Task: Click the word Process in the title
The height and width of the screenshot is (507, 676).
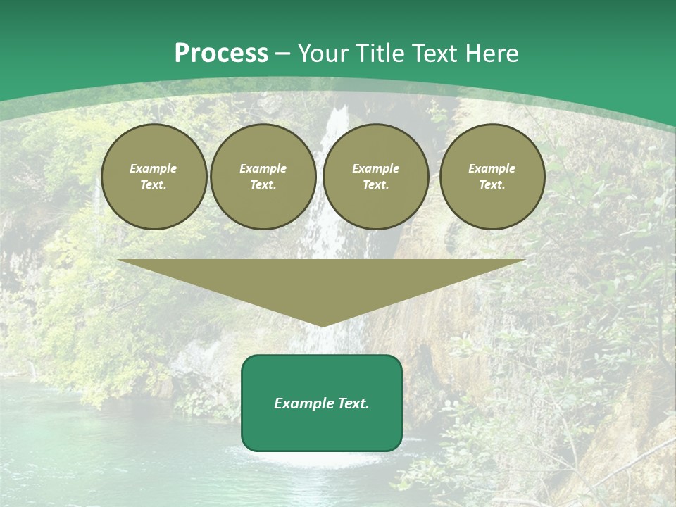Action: point(221,54)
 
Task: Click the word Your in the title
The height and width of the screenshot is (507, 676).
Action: point(324,54)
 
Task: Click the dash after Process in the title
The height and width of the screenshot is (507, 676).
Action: point(283,54)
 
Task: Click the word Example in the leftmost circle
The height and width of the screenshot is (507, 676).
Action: point(154,168)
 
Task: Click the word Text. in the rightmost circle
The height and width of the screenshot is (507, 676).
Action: point(492,184)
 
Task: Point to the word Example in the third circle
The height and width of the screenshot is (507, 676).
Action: point(375,168)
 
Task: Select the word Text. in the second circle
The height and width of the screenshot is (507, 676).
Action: point(263,184)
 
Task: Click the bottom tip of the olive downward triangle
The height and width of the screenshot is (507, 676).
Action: point(322,325)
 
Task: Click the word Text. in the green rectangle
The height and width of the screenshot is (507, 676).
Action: point(353,403)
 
